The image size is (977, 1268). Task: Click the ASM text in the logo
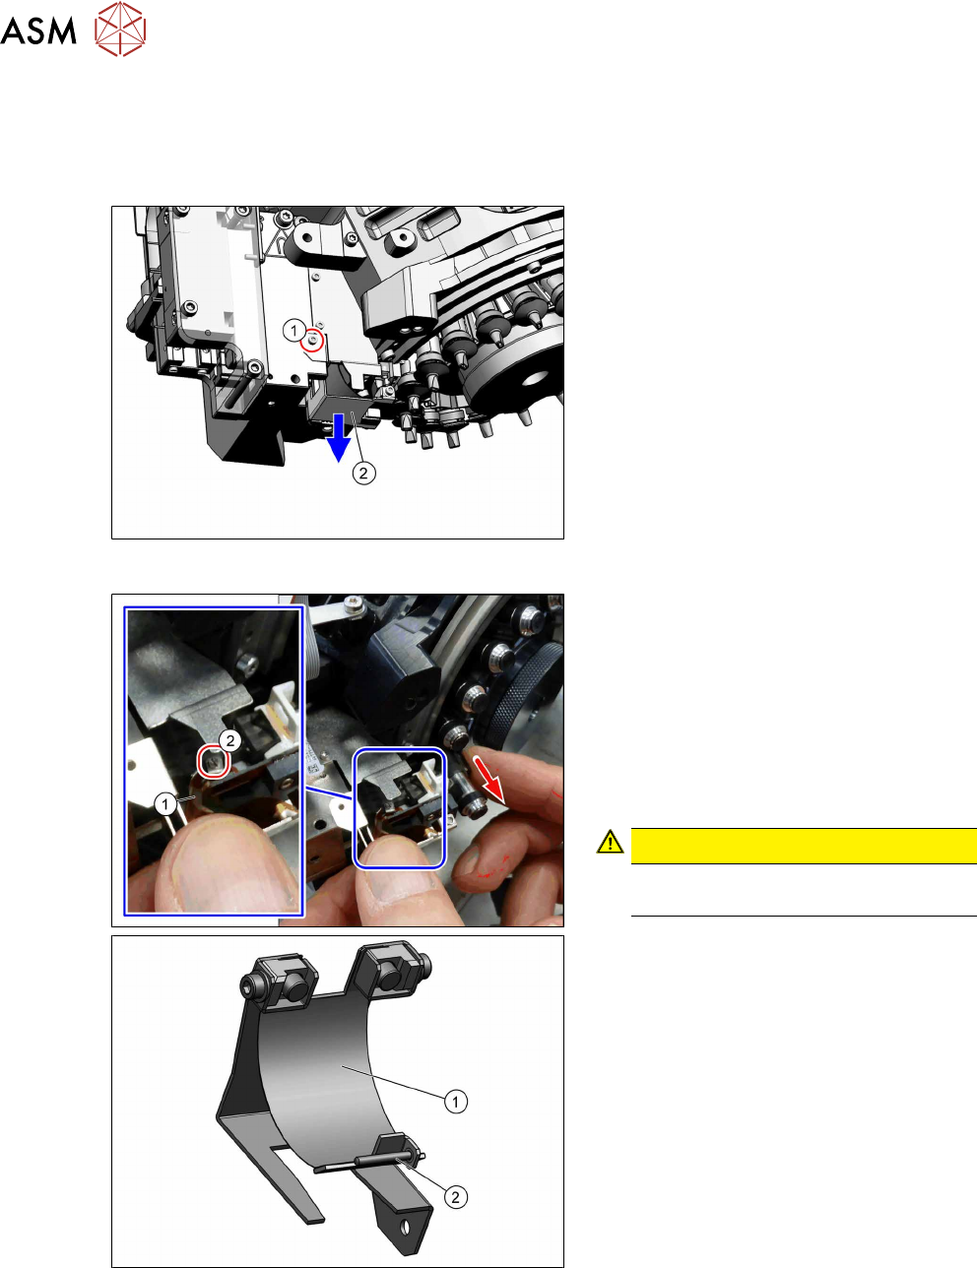coord(38,31)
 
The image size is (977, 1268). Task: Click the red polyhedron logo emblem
coord(120,29)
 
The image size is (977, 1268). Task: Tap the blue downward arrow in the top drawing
coord(338,438)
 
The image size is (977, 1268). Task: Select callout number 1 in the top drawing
coord(293,331)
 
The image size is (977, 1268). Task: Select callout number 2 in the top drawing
coord(363,473)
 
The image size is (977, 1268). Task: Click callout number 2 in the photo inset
coord(230,740)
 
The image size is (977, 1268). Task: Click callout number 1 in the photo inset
coord(165,804)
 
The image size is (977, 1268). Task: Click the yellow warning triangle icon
coord(610,842)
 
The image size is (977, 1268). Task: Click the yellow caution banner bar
coord(804,846)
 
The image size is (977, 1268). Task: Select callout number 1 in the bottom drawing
coord(455,1102)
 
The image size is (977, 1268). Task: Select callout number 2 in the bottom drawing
coord(455,1197)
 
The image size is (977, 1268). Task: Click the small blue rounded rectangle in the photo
coord(400,808)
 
